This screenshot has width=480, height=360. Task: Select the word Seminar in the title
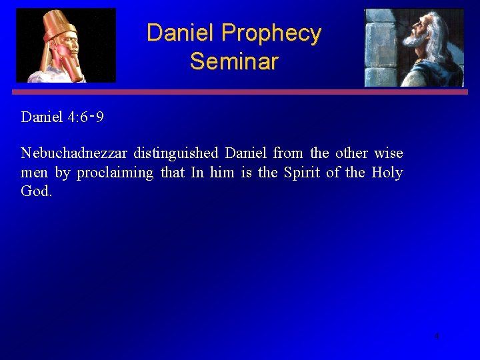point(233,61)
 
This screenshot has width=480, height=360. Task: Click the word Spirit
point(302,173)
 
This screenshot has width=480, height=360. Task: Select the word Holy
point(387,173)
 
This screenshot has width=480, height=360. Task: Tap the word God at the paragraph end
point(35,192)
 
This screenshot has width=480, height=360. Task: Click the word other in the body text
point(351,153)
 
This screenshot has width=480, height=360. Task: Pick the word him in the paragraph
point(222,173)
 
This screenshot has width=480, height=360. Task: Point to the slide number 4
point(437,336)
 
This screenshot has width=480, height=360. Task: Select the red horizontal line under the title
point(240,92)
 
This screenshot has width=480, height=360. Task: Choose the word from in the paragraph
point(288,153)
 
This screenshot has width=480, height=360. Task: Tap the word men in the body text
point(34,173)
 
